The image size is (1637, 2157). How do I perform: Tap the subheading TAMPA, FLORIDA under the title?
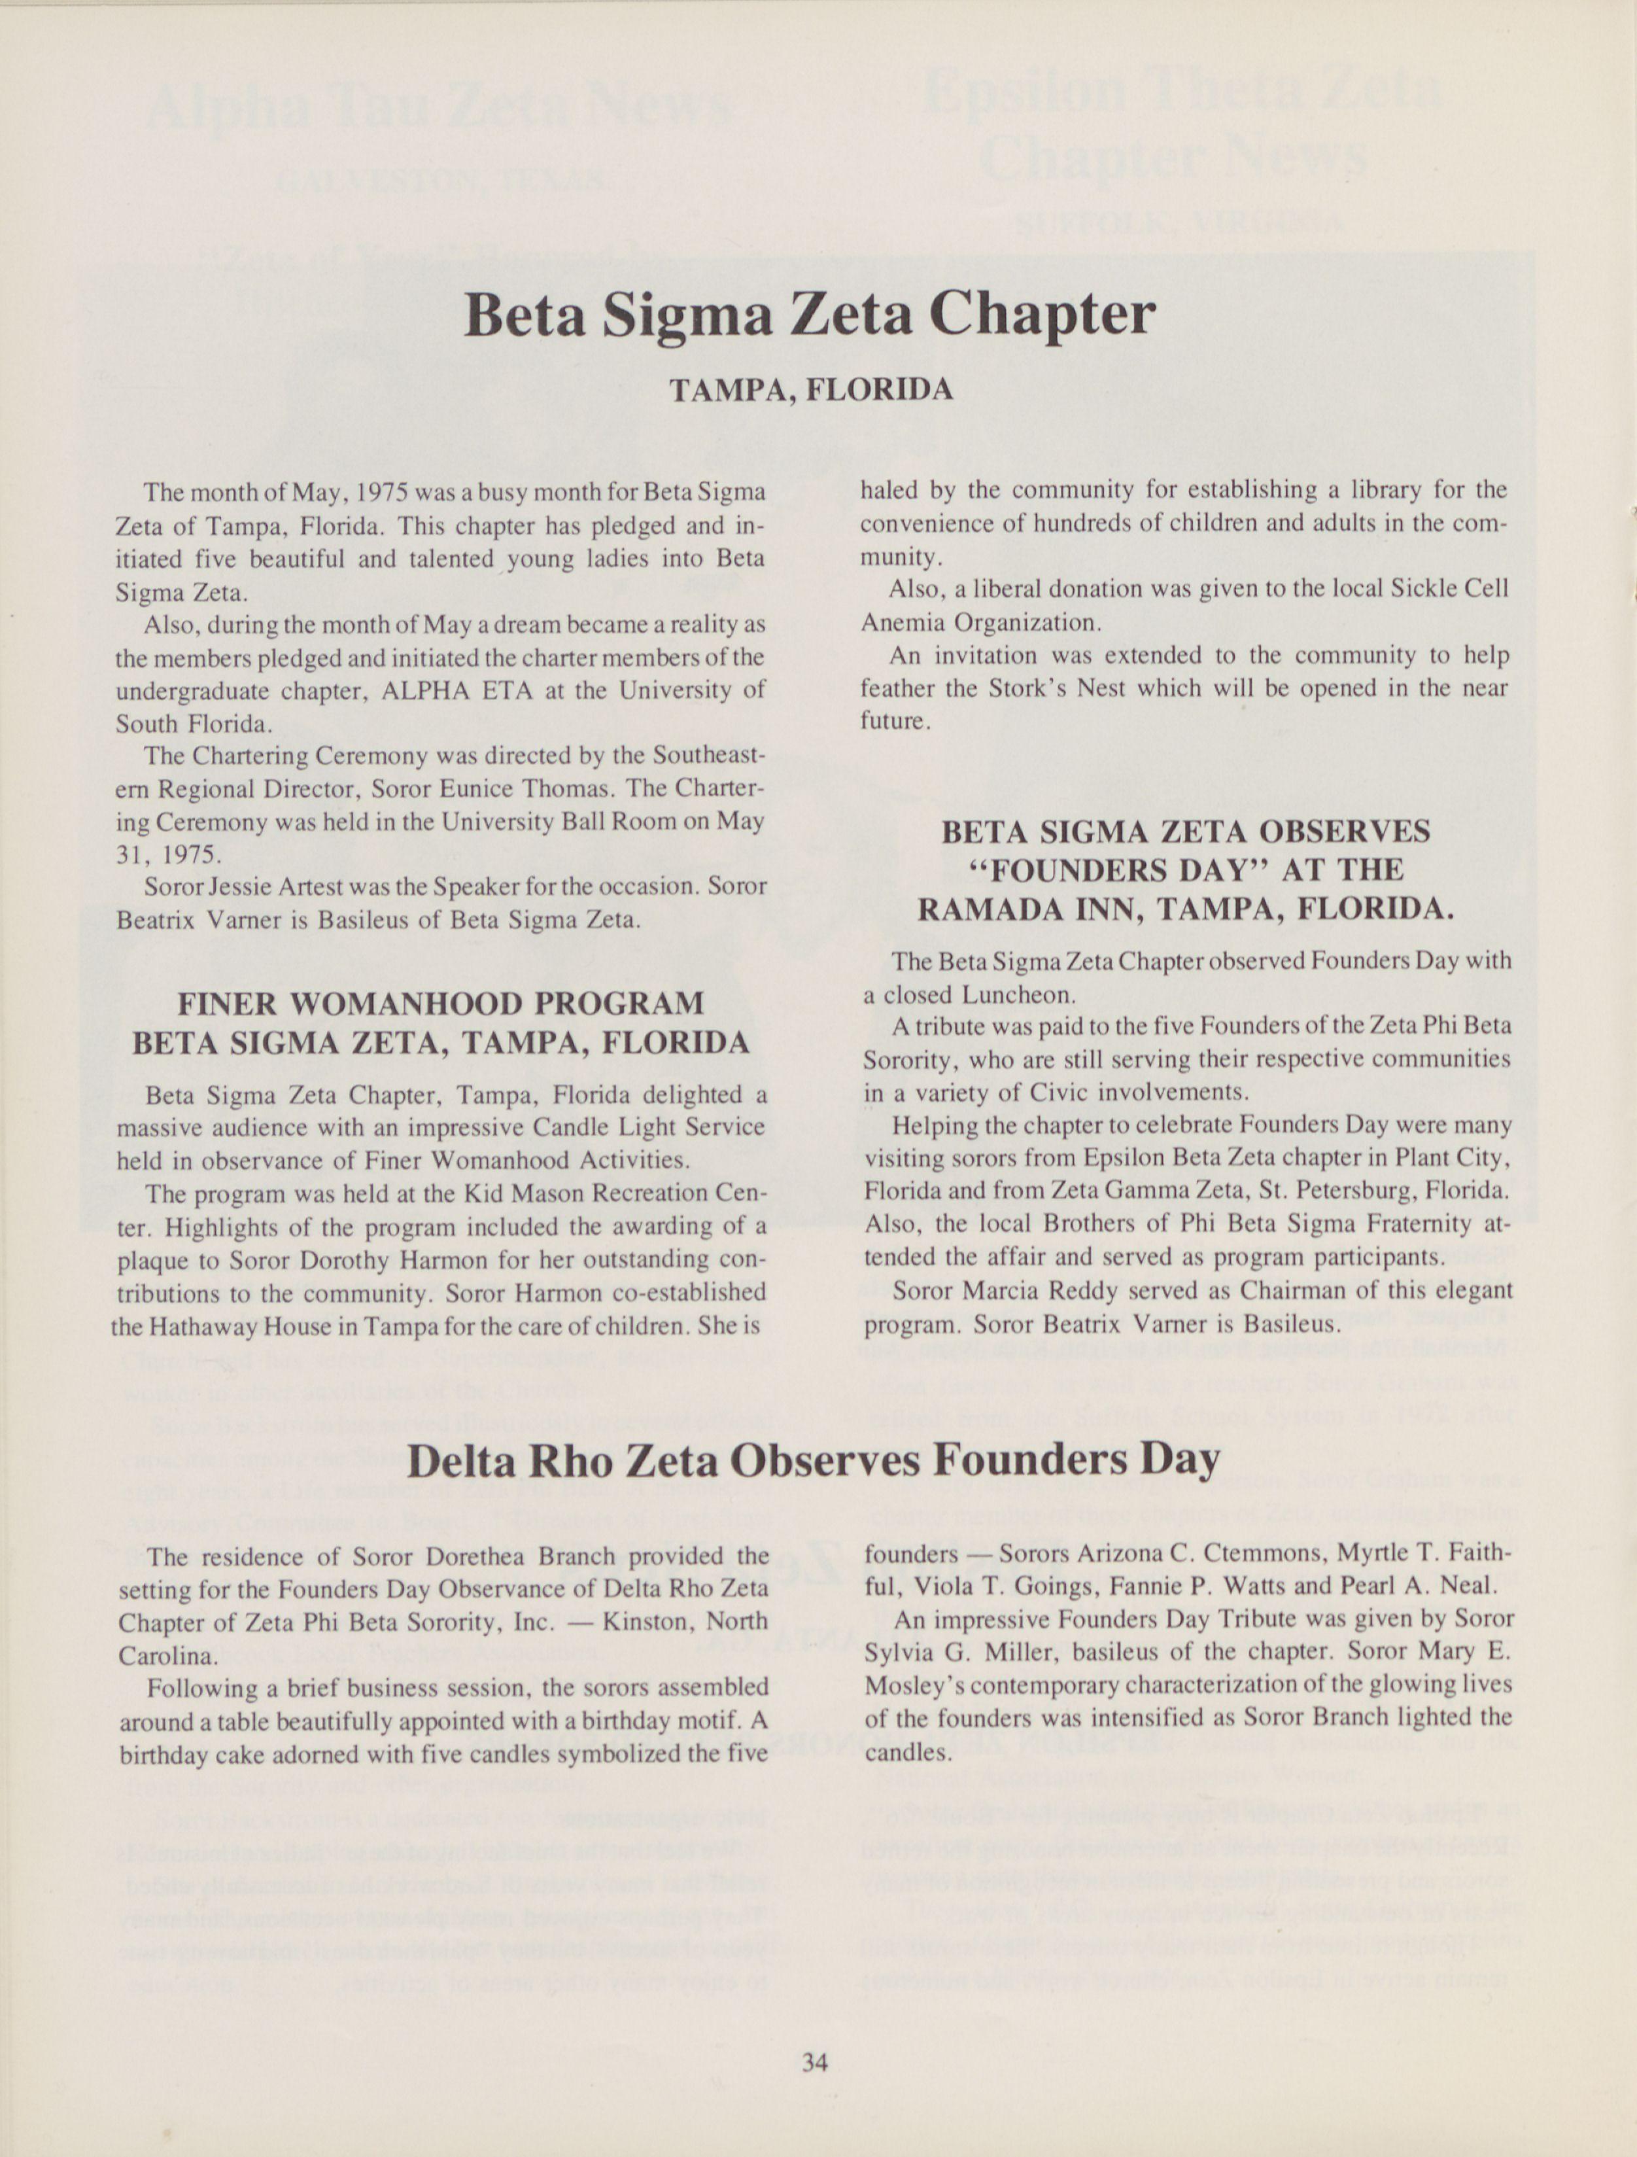(x=810, y=390)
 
